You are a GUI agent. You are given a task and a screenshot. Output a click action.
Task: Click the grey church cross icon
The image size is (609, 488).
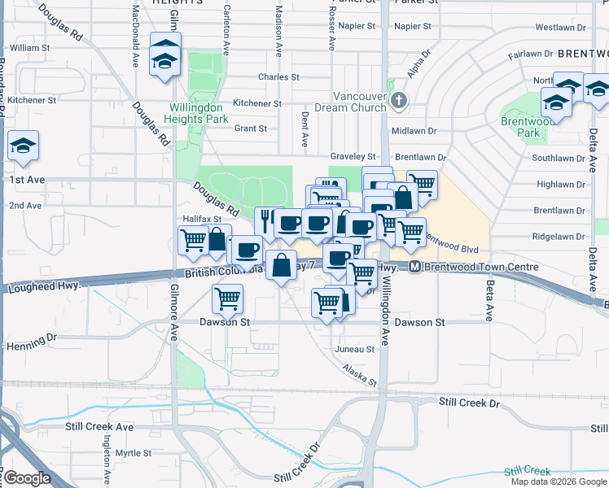398,101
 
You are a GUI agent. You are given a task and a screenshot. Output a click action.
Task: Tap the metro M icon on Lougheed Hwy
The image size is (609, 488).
414,267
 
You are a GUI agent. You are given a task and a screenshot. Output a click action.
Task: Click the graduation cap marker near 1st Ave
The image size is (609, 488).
23,146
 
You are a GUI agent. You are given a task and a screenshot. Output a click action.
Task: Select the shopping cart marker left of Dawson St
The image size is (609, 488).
227,298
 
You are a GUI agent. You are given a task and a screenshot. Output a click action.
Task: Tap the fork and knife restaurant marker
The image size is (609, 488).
265,220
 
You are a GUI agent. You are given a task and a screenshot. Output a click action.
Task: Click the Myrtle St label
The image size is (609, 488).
133,453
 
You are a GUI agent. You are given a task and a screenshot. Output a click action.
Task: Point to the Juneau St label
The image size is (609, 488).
355,349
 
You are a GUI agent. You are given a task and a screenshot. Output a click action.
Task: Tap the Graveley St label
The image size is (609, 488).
353,156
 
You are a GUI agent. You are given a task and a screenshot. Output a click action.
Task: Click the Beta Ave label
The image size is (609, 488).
489,289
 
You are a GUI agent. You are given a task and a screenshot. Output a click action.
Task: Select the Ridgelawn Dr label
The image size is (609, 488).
559,237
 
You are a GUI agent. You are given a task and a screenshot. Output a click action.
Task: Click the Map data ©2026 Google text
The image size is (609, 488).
558,481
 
